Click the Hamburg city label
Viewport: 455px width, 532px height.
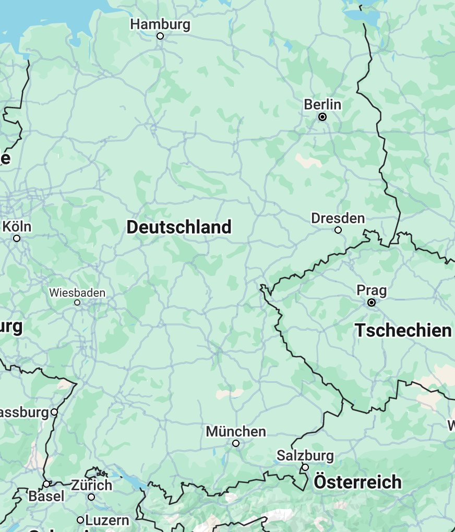point(160,25)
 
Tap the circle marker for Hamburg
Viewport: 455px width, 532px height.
point(160,36)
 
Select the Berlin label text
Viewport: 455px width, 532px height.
point(322,105)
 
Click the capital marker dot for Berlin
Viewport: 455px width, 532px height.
point(322,117)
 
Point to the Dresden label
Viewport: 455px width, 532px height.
point(338,218)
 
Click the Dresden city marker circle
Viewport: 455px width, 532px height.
point(338,230)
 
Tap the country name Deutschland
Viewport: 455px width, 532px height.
point(179,227)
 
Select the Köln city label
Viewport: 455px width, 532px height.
point(17,227)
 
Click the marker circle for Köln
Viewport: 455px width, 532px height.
point(17,238)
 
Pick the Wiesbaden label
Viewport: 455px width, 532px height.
point(77,293)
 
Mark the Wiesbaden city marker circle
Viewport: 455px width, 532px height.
point(77,303)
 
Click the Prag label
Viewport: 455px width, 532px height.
point(372,290)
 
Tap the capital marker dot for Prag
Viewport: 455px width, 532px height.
point(372,303)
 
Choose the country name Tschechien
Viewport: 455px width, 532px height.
point(403,330)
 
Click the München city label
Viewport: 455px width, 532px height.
point(236,432)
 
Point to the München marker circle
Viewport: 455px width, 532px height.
point(236,443)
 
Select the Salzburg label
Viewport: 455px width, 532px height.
point(305,455)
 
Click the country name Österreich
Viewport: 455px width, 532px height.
point(357,482)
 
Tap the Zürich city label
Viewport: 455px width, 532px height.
point(91,486)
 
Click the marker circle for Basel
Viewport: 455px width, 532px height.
point(46,484)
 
